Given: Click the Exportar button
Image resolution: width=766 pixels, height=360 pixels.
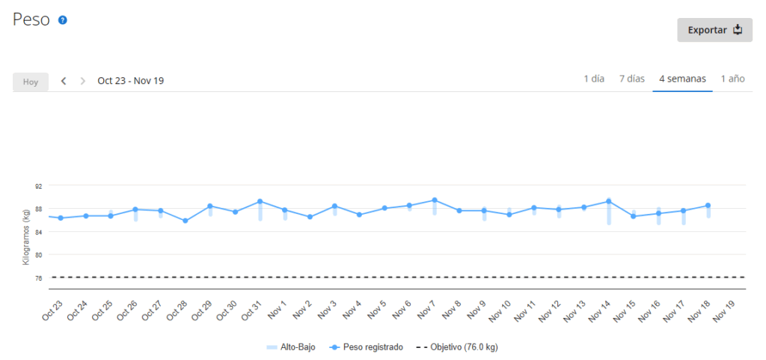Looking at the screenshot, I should [714, 30].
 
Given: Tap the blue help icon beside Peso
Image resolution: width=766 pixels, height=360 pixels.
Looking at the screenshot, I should [63, 20].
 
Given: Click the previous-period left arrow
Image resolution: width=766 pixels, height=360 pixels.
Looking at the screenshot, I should [64, 81].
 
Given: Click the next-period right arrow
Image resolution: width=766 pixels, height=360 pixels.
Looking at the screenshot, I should [83, 81].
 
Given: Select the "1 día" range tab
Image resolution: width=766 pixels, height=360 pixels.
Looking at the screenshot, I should [594, 79].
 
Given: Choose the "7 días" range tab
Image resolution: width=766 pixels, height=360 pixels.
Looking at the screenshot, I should [631, 79].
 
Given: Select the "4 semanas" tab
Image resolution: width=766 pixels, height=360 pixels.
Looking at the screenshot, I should [682, 79].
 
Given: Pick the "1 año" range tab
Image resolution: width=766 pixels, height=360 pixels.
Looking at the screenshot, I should [732, 79].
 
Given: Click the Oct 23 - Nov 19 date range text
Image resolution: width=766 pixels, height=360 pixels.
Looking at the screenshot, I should [131, 81].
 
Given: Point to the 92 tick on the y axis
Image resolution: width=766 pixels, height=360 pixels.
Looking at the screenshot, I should [38, 186].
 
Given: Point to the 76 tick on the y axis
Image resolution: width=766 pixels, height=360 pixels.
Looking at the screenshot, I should [38, 278].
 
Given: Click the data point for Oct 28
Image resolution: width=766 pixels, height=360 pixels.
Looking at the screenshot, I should [186, 221].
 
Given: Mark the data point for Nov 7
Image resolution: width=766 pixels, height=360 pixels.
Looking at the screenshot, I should [435, 200].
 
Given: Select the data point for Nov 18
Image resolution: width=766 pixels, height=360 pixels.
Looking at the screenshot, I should [708, 205].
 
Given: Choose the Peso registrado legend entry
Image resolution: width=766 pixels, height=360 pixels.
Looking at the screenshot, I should [367, 347].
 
